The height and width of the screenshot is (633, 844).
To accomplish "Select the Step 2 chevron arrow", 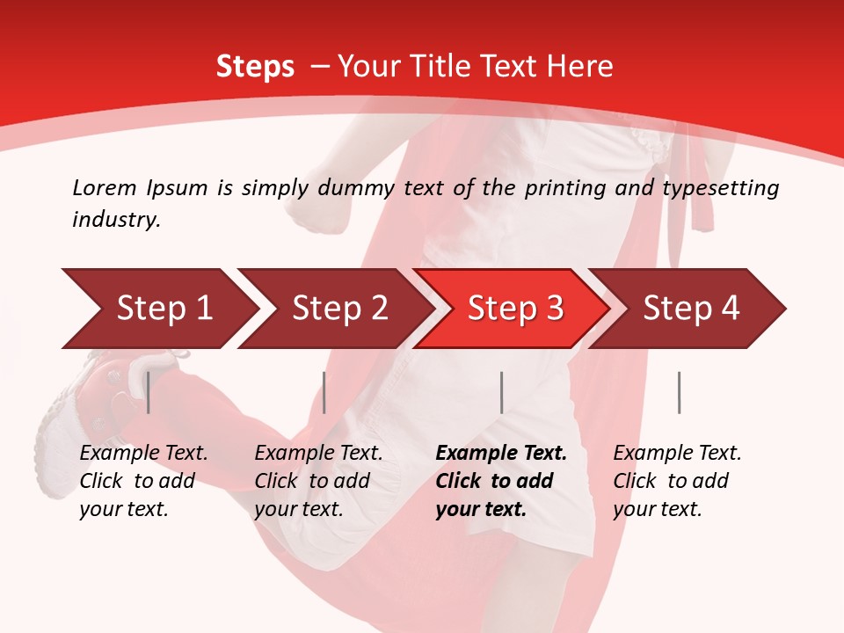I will point(335,309).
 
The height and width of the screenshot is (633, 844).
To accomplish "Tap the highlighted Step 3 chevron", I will point(511,309).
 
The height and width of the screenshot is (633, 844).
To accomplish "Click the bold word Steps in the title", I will point(255,67).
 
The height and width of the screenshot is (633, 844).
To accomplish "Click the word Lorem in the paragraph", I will point(105,187).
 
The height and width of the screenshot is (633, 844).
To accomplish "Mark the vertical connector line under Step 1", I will point(148,392).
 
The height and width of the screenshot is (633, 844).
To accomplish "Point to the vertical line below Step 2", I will point(324,392).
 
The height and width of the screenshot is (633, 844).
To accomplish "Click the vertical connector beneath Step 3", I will point(501,392).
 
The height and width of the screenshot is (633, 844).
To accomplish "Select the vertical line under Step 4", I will point(679,392).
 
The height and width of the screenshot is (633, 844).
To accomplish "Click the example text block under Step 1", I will point(143,481).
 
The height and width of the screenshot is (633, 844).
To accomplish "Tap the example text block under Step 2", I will point(318,481).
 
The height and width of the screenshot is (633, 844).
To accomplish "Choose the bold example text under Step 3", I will point(501,481).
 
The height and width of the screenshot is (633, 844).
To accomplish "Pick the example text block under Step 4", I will point(677,481).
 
